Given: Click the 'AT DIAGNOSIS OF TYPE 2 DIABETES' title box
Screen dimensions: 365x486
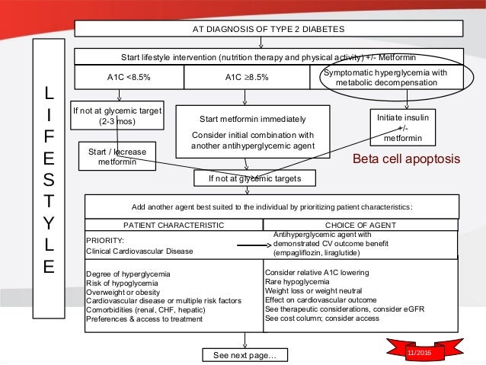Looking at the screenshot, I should tap(267, 29).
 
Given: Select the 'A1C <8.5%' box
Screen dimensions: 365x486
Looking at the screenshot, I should tap(128, 76).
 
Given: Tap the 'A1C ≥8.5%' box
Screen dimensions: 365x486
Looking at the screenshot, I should tap(246, 76).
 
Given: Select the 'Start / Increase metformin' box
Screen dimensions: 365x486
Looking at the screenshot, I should tap(117, 157).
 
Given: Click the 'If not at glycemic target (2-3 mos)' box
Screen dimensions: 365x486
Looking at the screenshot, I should tap(117, 116).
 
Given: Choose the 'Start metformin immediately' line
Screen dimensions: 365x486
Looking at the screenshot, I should tap(252, 120).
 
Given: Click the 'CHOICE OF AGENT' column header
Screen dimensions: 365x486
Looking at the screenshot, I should tap(361, 225).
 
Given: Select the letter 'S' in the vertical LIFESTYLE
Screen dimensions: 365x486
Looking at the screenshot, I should tap(49, 181).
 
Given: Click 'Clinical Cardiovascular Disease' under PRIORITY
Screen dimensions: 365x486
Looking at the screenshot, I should tap(139, 251).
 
